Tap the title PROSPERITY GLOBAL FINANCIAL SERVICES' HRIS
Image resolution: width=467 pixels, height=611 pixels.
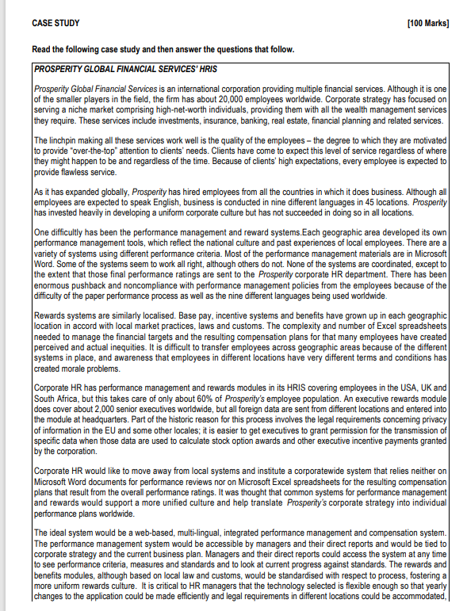[x=125, y=70]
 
